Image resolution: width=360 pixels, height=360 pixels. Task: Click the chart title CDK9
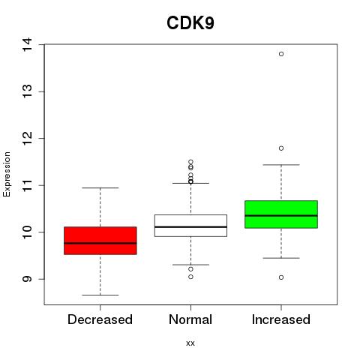[x=190, y=23]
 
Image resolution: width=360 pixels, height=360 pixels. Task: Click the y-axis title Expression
[x=7, y=174]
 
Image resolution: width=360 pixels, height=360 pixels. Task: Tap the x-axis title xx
[x=190, y=343]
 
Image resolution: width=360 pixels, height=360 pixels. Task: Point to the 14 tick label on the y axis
[x=28, y=44]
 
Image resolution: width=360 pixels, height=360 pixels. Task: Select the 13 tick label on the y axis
[x=28, y=91]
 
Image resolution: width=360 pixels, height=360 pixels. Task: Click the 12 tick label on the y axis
[x=28, y=138]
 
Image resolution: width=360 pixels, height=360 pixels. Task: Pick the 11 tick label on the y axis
[x=28, y=185]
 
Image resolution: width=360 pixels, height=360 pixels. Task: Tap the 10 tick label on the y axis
[x=28, y=232]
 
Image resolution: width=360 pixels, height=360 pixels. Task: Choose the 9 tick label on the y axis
[x=28, y=279]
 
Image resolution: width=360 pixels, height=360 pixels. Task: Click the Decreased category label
[x=100, y=319]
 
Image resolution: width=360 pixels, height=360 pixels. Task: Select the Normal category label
[x=190, y=319]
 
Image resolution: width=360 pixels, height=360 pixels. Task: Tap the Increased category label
[x=281, y=319]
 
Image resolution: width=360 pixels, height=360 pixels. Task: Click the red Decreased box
[x=100, y=241]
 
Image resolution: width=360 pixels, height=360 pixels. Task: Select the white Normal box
[x=190, y=226]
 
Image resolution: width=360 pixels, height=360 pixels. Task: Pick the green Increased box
[x=281, y=214]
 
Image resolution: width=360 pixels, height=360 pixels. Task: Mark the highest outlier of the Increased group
[x=281, y=54]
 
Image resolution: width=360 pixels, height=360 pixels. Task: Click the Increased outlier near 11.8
[x=281, y=148]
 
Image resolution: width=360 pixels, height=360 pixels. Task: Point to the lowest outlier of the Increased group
[x=281, y=277]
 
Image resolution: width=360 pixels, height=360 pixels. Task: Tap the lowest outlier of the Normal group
[x=190, y=277]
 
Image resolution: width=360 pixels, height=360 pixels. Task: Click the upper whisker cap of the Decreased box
[x=100, y=187]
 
